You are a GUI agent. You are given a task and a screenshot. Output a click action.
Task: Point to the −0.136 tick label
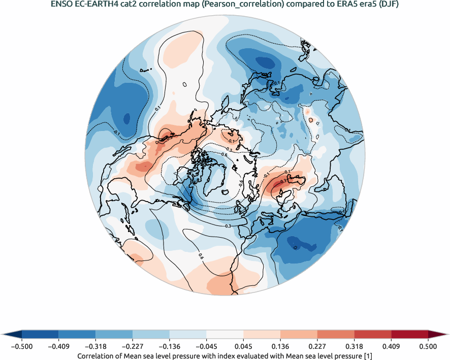pos(169,347)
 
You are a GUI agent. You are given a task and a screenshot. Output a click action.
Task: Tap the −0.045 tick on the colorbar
pos(206,347)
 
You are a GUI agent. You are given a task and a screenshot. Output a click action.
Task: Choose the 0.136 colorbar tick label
pos(280,347)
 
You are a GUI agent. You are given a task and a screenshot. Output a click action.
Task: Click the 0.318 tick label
pos(354,347)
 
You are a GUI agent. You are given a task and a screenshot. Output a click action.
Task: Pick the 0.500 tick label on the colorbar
pos(428,347)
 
